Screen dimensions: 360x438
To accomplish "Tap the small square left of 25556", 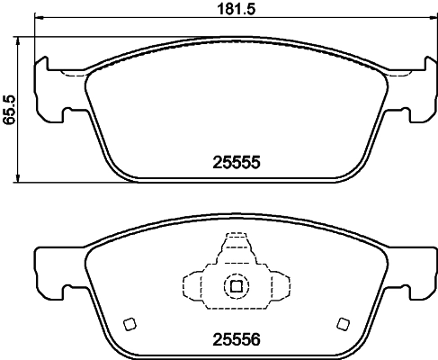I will (x=128, y=324).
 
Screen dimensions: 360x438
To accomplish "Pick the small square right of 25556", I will (x=341, y=324).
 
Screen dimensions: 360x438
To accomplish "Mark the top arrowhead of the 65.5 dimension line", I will (x=20, y=42).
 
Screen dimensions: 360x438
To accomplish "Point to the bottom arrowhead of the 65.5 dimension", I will (x=20, y=178).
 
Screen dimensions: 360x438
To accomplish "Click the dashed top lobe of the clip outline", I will (x=235, y=247).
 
